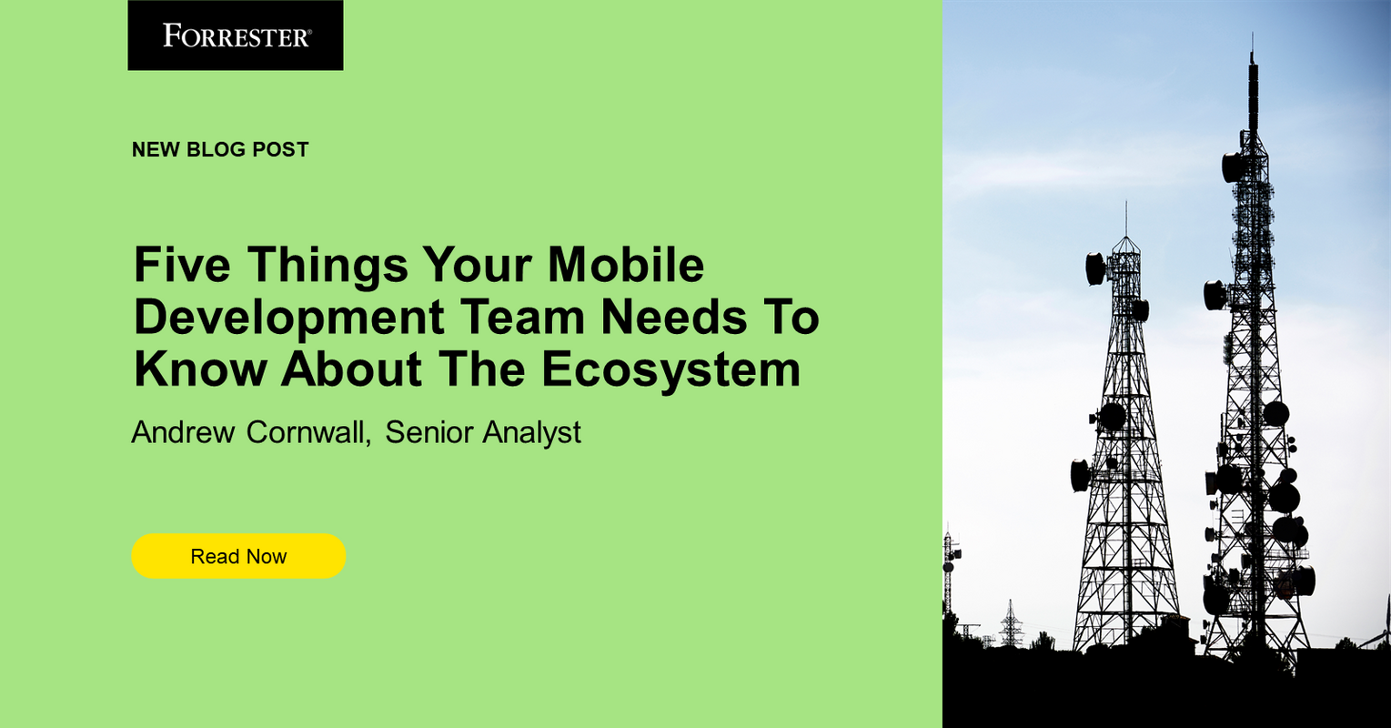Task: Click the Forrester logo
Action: [x=236, y=35]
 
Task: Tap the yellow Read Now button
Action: [x=238, y=556]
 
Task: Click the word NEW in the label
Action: [x=156, y=150]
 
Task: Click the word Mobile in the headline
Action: [x=626, y=265]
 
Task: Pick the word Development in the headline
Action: [x=289, y=318]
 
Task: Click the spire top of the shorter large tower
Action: [x=1125, y=207]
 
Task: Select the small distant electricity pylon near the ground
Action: [x=1010, y=622]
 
